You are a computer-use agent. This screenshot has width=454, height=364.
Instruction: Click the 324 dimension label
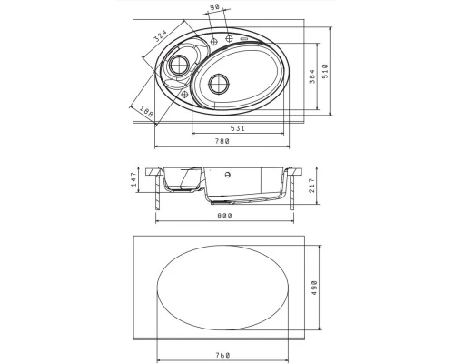click(161, 35)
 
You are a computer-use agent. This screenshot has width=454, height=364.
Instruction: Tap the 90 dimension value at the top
click(214, 7)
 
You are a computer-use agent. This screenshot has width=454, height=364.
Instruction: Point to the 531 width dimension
click(238, 128)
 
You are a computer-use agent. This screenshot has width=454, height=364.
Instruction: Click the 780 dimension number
click(222, 141)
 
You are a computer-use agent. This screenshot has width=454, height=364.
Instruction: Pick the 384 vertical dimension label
click(312, 76)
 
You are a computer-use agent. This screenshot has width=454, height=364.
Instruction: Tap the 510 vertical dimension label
click(325, 71)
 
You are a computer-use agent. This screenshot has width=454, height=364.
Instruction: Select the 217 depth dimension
click(312, 186)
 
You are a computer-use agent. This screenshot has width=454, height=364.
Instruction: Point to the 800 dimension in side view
click(224, 216)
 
